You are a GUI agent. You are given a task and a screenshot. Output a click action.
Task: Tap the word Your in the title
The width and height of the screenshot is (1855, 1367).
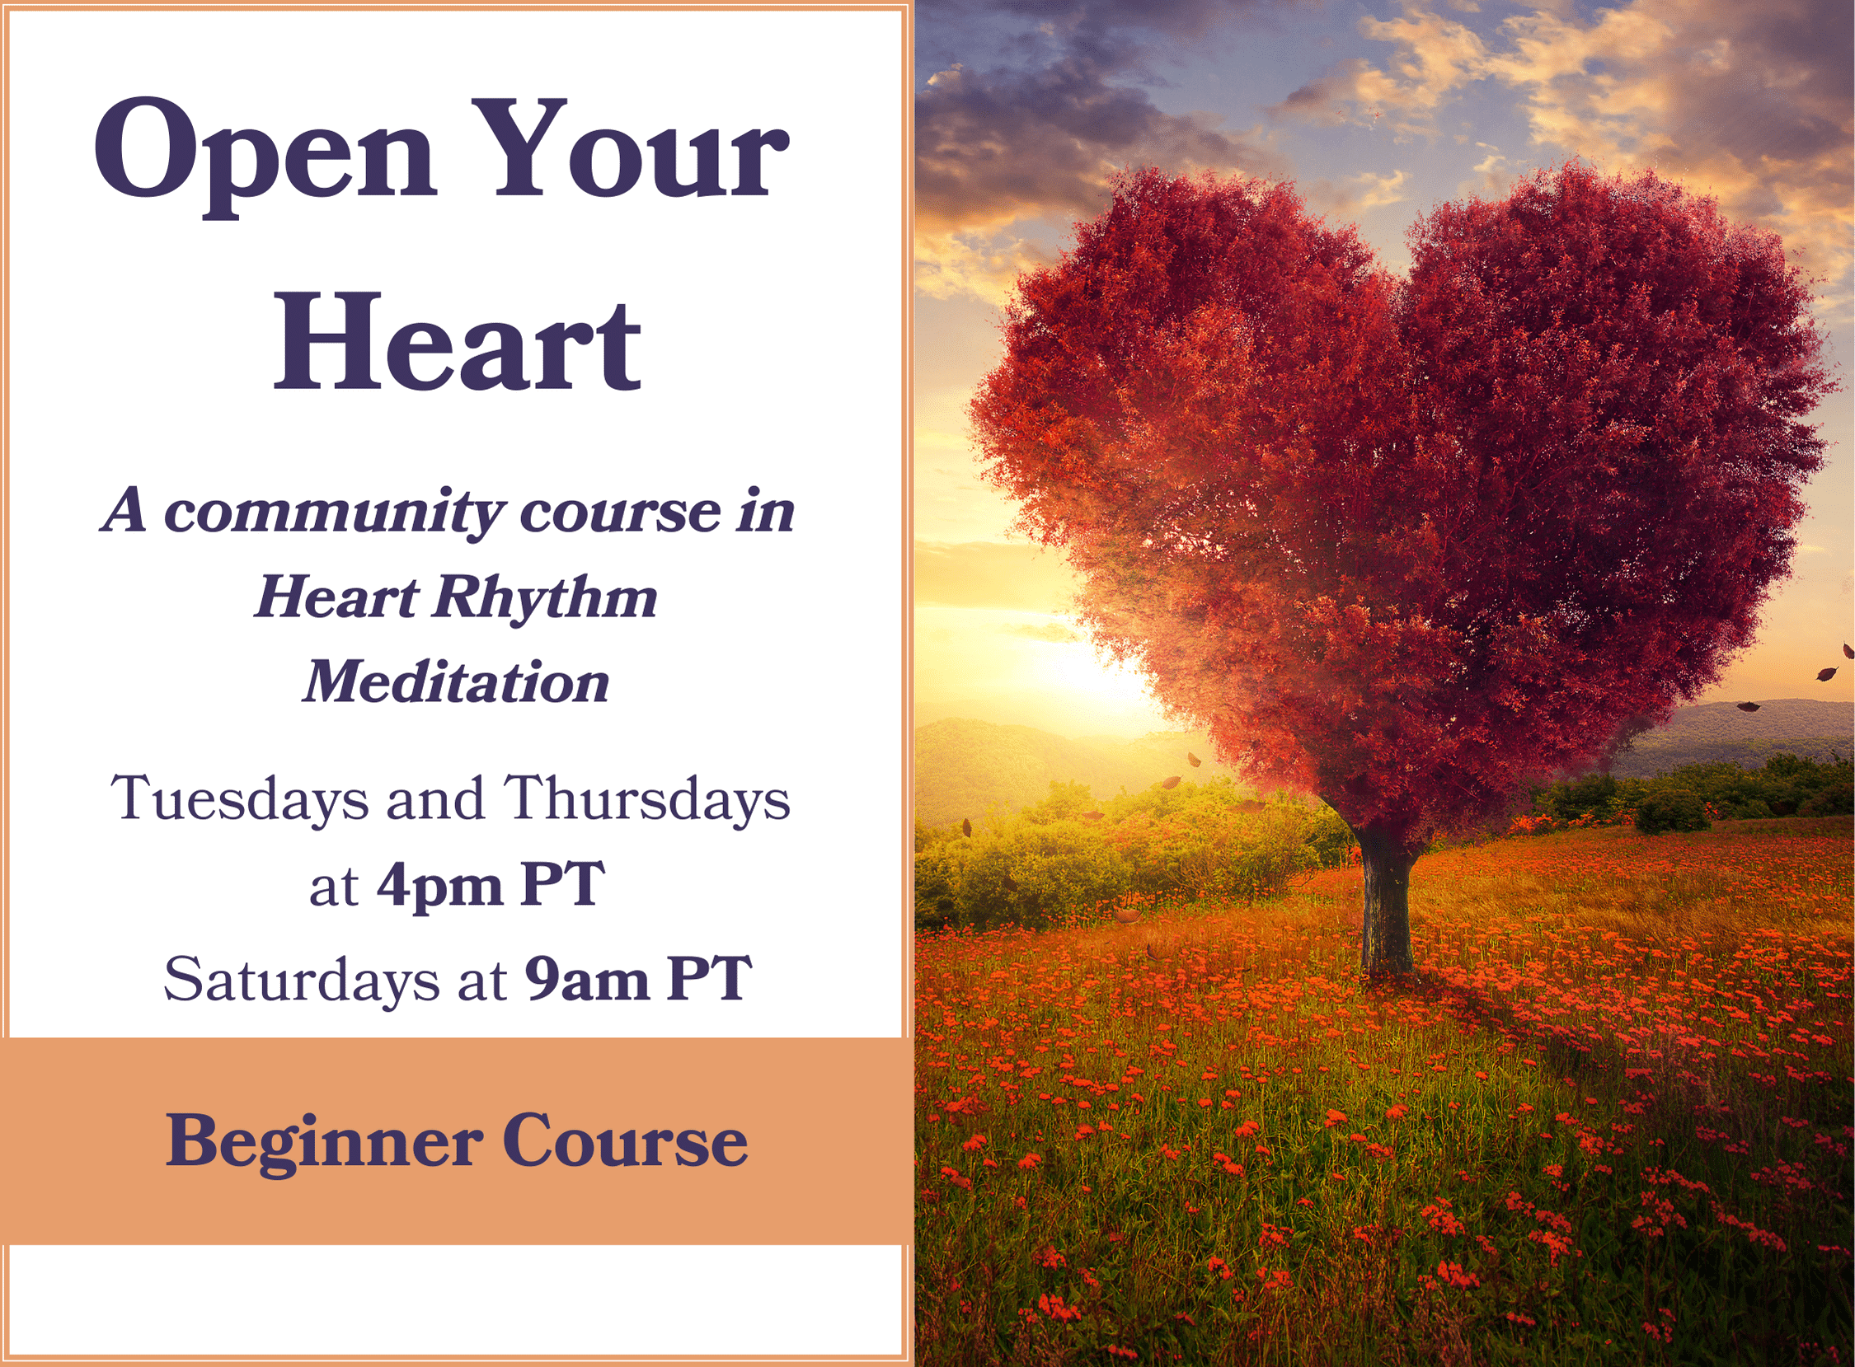(641, 149)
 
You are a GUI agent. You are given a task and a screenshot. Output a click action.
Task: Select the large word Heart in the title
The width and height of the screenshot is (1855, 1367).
(458, 341)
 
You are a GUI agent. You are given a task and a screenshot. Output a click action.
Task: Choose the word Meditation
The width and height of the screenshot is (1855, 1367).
(456, 681)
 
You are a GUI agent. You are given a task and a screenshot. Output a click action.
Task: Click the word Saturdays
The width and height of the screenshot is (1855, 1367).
(301, 979)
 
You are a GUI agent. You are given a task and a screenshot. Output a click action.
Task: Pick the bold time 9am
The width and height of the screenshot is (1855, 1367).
(587, 979)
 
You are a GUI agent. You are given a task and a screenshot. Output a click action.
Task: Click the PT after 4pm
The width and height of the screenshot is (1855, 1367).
(564, 885)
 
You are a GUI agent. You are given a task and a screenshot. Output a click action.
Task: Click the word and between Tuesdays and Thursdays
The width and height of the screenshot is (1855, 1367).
(436, 798)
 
